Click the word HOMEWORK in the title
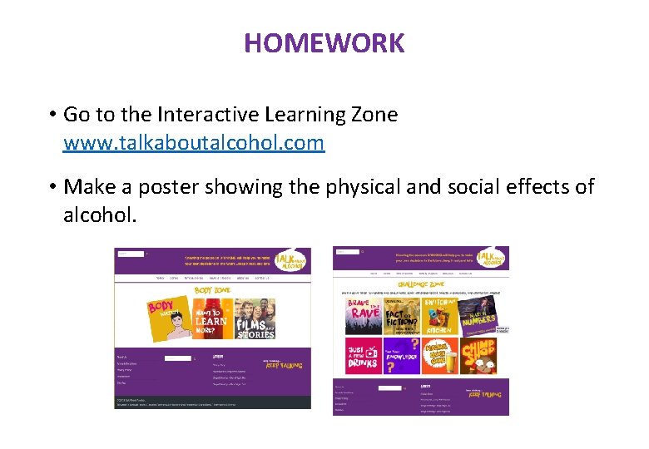click(324, 42)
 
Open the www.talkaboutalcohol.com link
click(193, 142)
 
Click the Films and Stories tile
click(255, 318)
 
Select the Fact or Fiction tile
click(400, 317)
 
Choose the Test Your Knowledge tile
click(400, 355)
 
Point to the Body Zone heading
click(212, 290)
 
